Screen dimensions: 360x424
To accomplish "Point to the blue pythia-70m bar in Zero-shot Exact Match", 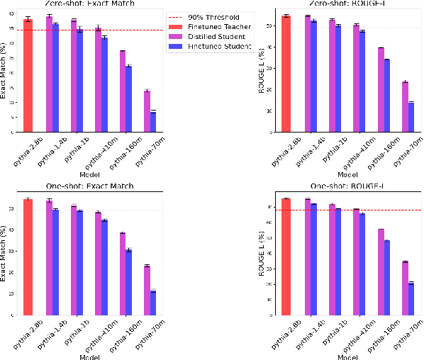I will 152,122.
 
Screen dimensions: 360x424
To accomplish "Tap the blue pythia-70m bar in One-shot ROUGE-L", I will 411,298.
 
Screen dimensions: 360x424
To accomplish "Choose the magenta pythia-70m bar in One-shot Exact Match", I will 147,291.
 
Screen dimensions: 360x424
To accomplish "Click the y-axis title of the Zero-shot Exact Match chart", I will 6,74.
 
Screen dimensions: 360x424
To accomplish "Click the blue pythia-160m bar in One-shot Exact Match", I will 128,282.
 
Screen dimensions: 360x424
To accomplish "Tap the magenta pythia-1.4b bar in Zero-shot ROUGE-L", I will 307,74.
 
